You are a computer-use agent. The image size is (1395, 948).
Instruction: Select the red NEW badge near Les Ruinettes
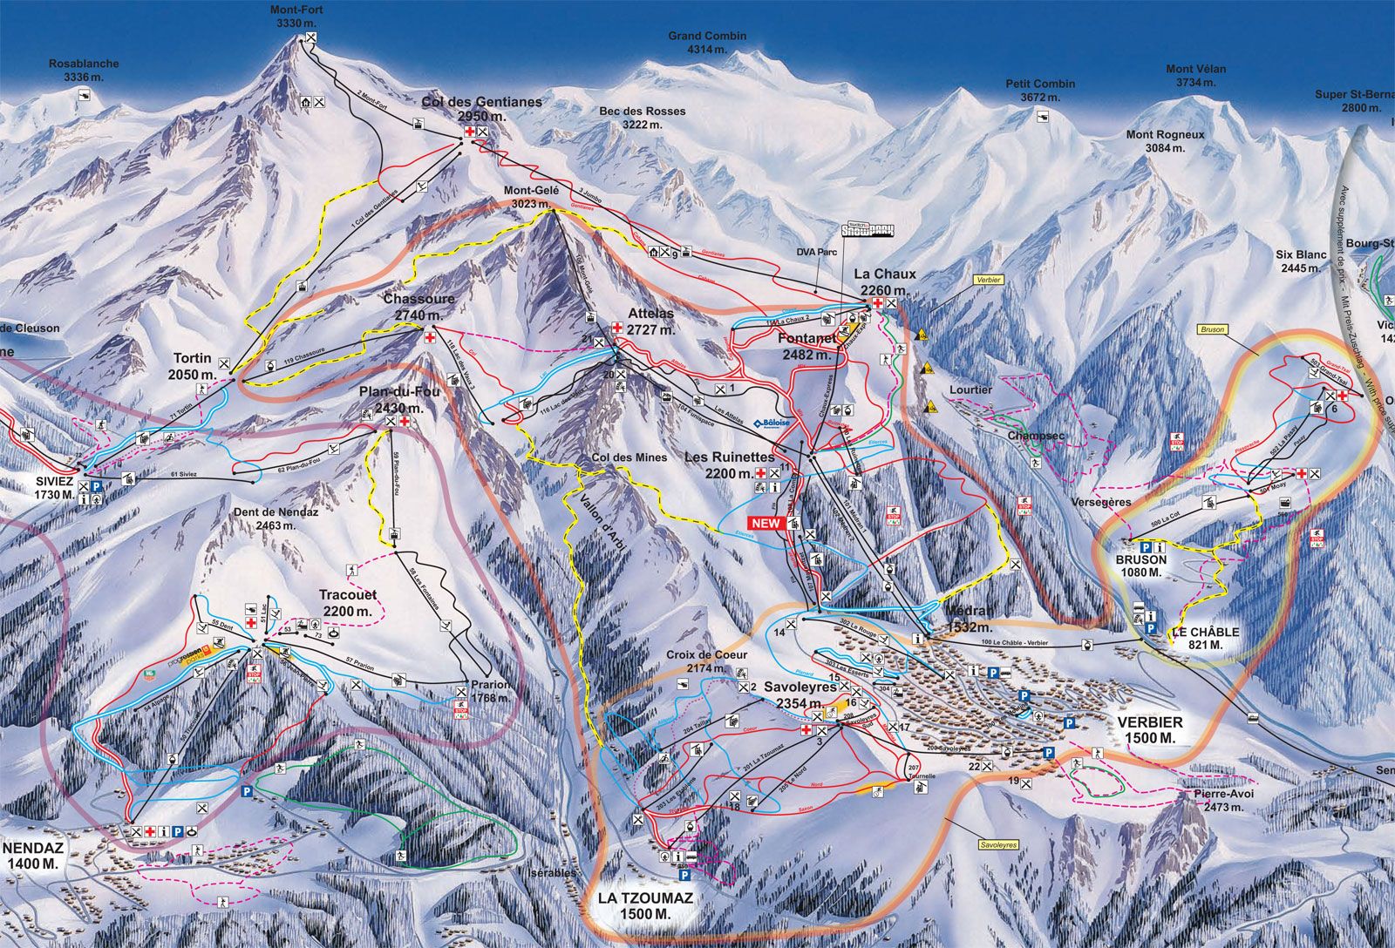tap(766, 524)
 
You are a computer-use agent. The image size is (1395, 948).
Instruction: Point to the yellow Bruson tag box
tap(1212, 330)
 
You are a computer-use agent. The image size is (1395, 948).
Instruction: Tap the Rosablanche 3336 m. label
tap(84, 71)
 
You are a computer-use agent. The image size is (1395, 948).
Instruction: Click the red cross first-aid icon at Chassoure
tap(429, 337)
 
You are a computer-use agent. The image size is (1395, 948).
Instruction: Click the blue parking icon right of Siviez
tap(97, 485)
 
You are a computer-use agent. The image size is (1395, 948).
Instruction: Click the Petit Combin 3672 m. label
tap(1040, 91)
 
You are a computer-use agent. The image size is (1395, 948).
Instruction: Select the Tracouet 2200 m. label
tap(348, 603)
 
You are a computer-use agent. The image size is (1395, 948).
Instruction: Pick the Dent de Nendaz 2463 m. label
tap(275, 518)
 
